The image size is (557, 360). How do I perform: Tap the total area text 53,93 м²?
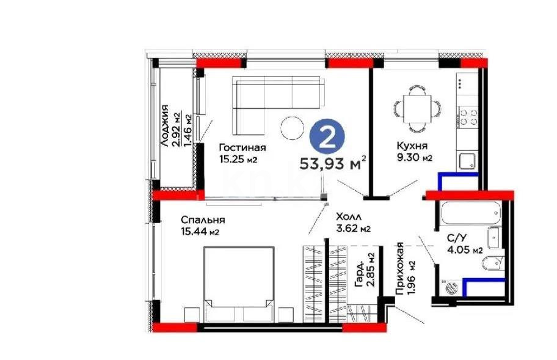click(x=333, y=163)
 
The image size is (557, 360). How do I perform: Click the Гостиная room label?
click(x=242, y=147)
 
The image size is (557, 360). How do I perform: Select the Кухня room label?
click(x=411, y=146)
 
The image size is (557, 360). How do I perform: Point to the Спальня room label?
click(x=203, y=220)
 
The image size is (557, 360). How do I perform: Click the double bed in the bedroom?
click(x=238, y=283)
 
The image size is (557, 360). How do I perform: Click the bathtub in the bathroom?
click(x=468, y=213)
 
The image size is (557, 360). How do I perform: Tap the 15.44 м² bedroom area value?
click(x=200, y=232)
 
